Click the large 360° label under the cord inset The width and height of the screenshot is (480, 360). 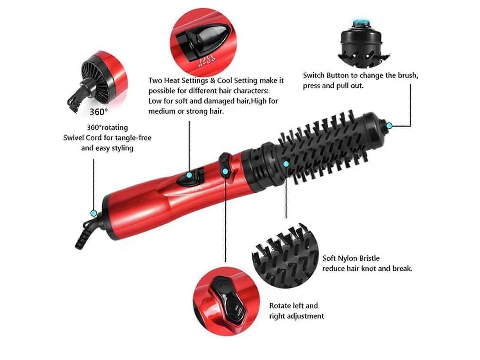pyautogui.click(x=99, y=112)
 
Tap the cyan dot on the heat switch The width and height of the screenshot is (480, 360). pyautogui.click(x=189, y=175)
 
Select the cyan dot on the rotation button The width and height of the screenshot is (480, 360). pyautogui.click(x=225, y=172)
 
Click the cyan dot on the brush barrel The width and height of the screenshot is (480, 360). pyautogui.click(x=286, y=164)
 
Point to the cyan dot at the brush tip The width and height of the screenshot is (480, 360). pyautogui.click(x=389, y=125)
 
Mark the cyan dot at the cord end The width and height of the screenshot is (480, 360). pyautogui.click(x=93, y=213)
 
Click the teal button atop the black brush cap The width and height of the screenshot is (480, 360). pyautogui.click(x=362, y=22)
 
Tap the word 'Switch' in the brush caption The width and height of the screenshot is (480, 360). pyautogui.click(x=313, y=75)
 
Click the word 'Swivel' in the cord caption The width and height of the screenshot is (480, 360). pyautogui.click(x=73, y=138)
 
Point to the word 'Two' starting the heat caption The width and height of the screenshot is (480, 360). pyautogui.click(x=155, y=80)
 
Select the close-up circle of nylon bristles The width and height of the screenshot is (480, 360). pyautogui.click(x=285, y=256)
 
